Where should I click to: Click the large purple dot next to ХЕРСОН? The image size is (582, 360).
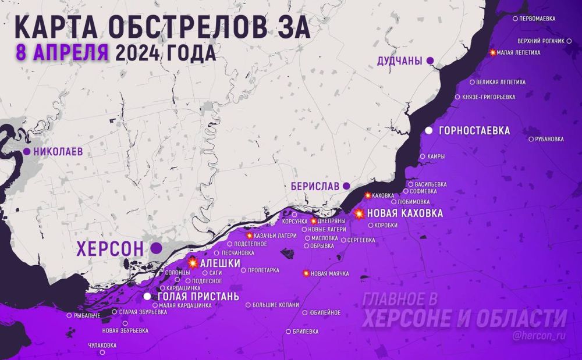[156, 248]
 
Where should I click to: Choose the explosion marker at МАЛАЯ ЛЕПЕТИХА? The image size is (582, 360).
[493, 53]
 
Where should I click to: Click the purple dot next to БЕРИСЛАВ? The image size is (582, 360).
[346, 186]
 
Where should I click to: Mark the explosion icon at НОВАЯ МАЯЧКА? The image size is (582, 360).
[306, 273]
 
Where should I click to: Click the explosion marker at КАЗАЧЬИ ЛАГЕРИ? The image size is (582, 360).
[250, 236]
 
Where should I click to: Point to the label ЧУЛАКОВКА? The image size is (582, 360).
[102, 345]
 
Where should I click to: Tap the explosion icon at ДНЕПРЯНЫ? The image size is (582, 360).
[314, 221]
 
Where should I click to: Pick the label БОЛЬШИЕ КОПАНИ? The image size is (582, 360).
[276, 305]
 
